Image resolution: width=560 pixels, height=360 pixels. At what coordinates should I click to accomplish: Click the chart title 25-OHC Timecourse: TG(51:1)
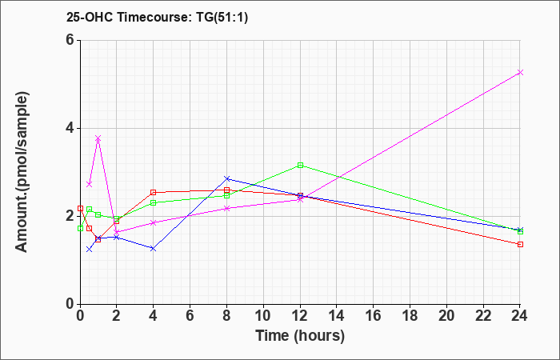[157, 18]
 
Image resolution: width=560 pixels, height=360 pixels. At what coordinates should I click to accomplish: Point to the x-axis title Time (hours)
[300, 336]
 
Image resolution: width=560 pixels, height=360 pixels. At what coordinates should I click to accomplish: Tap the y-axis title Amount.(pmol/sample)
[22, 172]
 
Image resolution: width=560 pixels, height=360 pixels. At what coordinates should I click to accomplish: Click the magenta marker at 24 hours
[520, 73]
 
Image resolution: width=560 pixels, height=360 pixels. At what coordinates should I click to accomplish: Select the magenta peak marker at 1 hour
[98, 138]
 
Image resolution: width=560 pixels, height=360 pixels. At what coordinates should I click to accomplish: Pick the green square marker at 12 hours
[300, 166]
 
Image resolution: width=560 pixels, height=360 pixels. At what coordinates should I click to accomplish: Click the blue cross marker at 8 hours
[226, 178]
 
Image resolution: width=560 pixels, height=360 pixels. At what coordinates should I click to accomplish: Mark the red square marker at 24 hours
[520, 244]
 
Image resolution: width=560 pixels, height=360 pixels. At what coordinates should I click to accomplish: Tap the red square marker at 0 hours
[80, 208]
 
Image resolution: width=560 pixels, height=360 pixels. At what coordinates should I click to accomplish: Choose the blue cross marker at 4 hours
[154, 248]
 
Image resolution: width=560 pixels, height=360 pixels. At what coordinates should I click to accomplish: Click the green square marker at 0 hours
[80, 228]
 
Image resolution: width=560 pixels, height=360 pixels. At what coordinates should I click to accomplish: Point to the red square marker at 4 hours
[154, 193]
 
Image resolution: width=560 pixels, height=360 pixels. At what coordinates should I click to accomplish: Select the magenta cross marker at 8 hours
[226, 208]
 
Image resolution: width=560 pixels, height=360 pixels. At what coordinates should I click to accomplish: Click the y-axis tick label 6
[70, 40]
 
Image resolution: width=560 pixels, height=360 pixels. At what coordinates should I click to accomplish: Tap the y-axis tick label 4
[70, 128]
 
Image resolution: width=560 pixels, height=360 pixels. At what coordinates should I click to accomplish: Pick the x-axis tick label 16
[374, 316]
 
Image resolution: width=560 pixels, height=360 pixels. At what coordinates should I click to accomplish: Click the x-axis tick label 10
[263, 316]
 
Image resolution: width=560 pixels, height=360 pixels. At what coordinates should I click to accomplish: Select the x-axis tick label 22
[483, 316]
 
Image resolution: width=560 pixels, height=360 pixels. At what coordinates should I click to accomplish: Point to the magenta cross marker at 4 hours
[154, 222]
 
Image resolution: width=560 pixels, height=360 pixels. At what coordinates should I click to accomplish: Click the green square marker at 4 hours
[154, 203]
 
